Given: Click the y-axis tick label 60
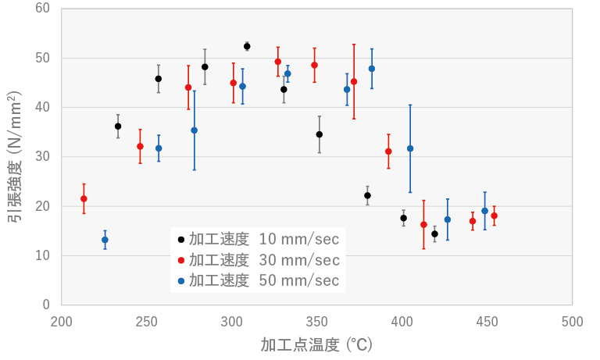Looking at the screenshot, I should coord(42,9).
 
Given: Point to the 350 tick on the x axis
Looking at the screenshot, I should coord(317,322).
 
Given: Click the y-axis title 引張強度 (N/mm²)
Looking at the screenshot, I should coord(14,156).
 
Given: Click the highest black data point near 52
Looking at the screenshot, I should coord(247,46).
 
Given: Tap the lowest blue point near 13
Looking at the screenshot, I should coord(105,240).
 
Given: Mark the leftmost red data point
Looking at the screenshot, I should coord(84,198).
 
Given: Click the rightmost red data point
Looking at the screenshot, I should coord(494,216).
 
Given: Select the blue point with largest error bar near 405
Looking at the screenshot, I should coord(410,148).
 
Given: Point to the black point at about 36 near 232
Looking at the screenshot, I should coord(118,126).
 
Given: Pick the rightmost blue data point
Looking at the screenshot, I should coord(484,211).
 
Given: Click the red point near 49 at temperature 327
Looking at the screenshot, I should coord(277,62).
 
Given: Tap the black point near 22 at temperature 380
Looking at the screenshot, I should coord(367,195).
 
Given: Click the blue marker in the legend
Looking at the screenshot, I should coord(182,280).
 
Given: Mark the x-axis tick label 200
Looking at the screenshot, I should coord(62,322).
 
